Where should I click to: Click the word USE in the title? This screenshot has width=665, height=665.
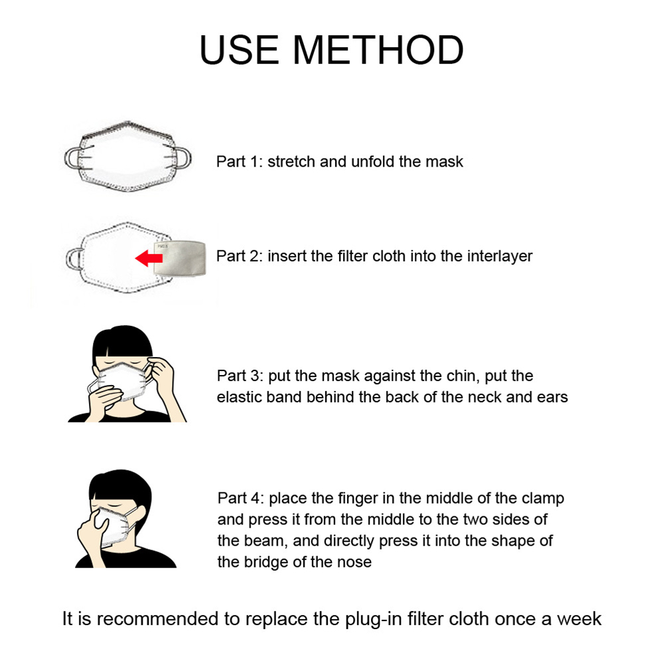(239, 50)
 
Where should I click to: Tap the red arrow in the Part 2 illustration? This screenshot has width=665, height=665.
(149, 258)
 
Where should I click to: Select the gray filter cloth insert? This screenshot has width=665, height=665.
(179, 258)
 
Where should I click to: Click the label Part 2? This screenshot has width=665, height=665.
(240, 256)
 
